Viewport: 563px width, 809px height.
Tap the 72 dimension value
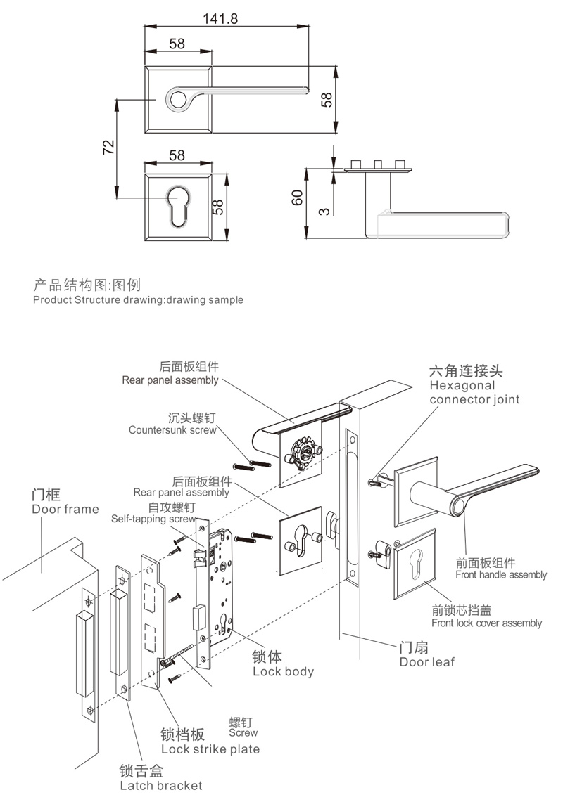(x=108, y=147)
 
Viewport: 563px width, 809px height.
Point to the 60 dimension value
(x=296, y=198)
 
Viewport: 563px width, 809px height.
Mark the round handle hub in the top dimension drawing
(x=178, y=98)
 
